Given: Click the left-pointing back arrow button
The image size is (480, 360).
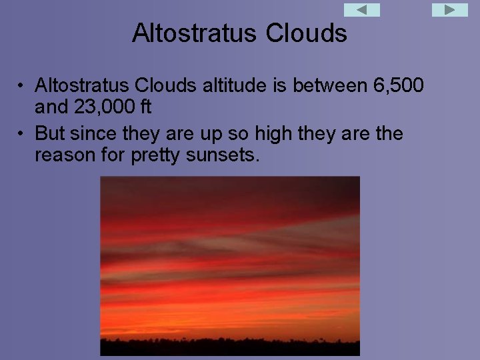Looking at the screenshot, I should tap(361, 10).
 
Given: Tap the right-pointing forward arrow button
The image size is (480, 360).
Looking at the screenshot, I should tap(450, 10).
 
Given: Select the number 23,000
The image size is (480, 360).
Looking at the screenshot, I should tap(103, 106).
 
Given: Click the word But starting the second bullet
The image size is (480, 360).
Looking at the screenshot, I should tap(49, 133).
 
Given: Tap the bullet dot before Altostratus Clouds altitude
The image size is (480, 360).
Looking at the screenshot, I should tap(22, 86).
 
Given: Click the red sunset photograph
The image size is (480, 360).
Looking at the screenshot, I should tap(229, 260).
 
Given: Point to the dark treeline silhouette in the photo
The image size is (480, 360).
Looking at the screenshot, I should tap(229, 347).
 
